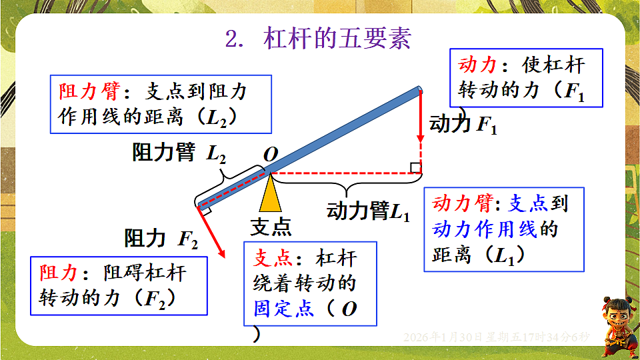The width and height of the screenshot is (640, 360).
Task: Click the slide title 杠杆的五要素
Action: point(337,38)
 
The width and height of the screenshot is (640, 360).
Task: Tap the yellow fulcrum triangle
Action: point(270,194)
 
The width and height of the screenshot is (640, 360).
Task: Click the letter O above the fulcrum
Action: point(271,155)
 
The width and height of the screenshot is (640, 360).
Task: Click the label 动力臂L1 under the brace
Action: point(368,212)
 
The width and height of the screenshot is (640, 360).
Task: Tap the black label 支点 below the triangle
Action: point(271,227)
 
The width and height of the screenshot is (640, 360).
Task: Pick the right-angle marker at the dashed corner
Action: point(415,167)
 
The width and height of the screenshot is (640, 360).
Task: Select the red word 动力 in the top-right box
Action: point(478,65)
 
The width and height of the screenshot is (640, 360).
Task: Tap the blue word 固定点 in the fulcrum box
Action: point(283,309)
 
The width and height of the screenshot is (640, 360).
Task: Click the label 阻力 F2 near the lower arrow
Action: point(161,238)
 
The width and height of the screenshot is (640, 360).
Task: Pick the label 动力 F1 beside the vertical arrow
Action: point(463,125)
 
